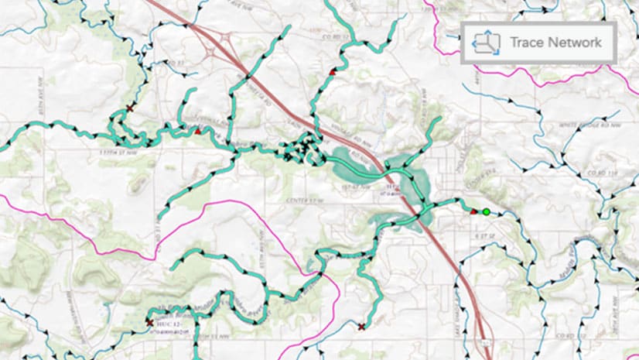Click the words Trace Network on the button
555,43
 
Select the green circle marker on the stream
486,211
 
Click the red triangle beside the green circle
473,210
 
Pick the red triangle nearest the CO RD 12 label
333,71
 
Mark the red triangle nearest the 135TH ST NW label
198,132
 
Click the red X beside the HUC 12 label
149,322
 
